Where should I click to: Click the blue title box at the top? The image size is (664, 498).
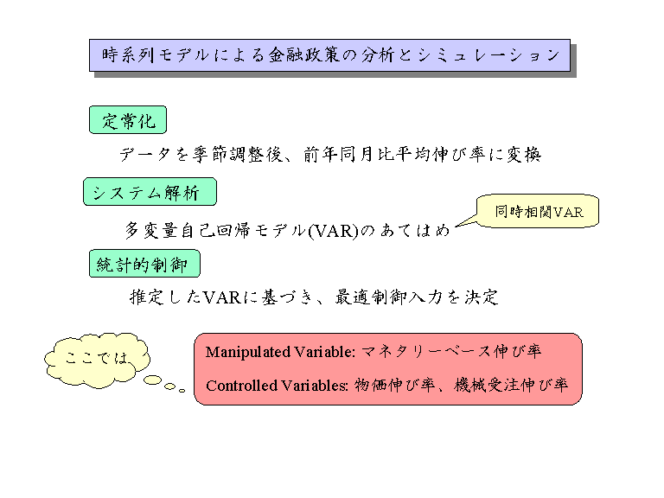point(329,54)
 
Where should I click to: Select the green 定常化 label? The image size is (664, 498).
point(128,121)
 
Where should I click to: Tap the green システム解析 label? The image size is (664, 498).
point(149,192)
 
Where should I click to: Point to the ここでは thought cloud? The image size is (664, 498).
point(97,357)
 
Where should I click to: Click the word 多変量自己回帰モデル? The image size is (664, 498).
point(215,231)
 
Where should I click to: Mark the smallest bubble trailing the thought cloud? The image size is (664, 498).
point(182,390)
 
